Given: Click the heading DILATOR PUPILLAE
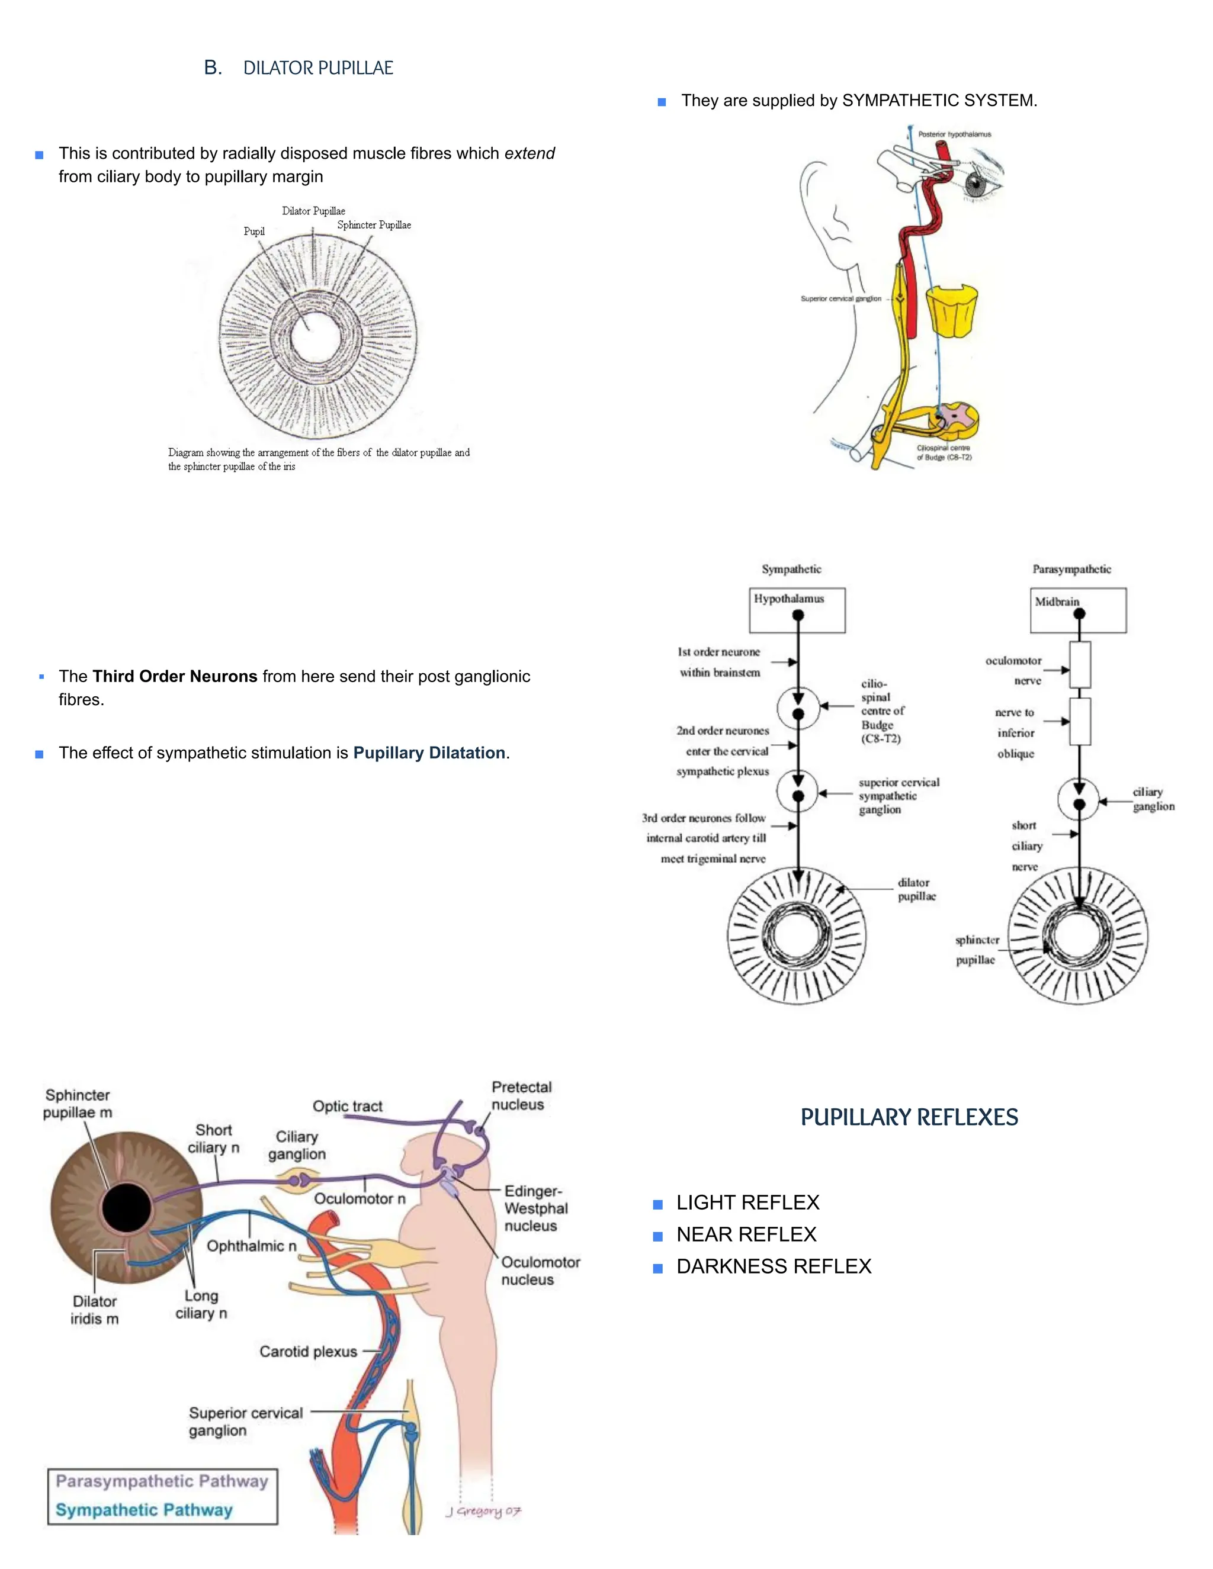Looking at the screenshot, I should (317, 68).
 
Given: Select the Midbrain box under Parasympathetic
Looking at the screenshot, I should (1077, 610).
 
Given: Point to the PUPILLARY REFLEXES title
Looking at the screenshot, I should (909, 1117).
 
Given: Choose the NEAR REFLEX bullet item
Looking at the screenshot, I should (746, 1234).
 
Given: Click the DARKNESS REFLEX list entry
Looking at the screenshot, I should (773, 1266).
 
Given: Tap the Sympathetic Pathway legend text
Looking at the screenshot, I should (145, 1509).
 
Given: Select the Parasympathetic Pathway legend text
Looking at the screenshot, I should (162, 1481).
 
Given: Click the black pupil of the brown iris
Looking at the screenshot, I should (127, 1208).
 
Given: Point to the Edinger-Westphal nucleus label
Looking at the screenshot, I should (535, 1208).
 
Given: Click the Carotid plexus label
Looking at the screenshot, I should (308, 1351).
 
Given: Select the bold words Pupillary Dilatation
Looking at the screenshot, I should (429, 753).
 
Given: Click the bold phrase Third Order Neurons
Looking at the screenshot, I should (175, 676).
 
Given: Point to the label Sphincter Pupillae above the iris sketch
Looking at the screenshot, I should (374, 225).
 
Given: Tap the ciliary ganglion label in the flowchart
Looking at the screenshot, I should (1153, 799).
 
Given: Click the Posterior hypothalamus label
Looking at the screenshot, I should (954, 134).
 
